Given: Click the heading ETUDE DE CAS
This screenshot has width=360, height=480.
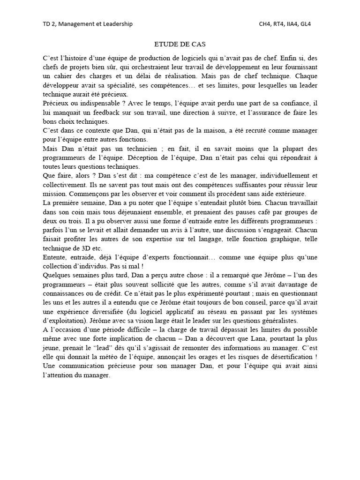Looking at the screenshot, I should pos(180,44).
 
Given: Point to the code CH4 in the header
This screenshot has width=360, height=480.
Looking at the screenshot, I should pos(266,24).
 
